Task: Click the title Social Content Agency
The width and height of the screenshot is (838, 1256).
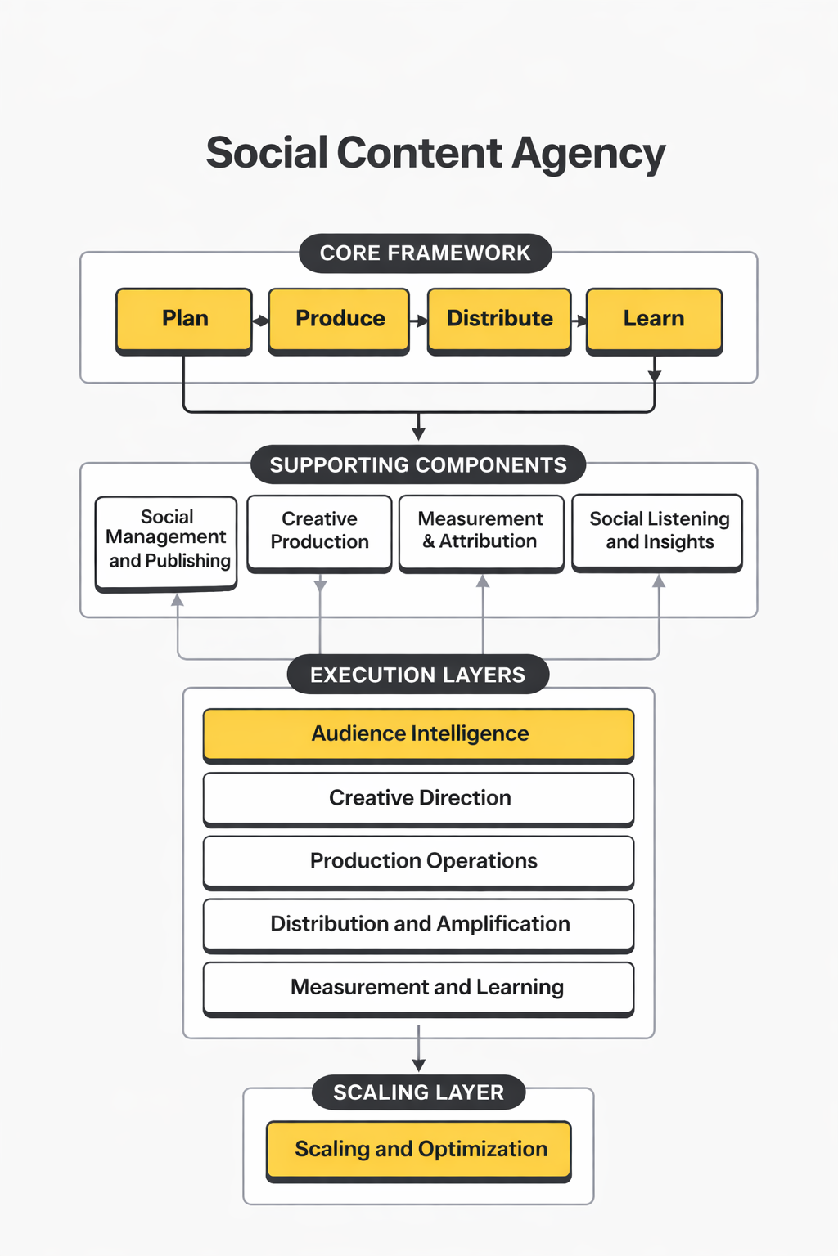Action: pos(435,154)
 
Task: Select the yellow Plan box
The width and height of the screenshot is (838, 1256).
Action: pos(184,319)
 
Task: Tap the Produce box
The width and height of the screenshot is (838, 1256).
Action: pos(340,319)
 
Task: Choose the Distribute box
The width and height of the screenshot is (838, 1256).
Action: pos(499,319)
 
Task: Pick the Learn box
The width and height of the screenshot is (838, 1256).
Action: pos(654,319)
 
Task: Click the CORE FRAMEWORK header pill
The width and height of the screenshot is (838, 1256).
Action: pos(425,253)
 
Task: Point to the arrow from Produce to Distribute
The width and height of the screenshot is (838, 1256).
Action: pos(418,321)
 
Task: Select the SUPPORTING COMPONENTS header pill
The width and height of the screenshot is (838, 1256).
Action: pos(418,465)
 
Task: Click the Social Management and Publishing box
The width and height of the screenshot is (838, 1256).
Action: pos(167,541)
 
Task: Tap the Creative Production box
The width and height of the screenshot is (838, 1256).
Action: pos(319,532)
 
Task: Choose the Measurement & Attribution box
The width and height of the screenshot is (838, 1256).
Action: pos(481,532)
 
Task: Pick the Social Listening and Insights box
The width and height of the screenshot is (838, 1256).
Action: pos(658,532)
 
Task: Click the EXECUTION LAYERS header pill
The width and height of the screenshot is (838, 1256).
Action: pos(418,675)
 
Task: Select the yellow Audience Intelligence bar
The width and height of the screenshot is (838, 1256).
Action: pos(418,733)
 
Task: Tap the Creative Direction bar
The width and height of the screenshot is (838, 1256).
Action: pos(418,797)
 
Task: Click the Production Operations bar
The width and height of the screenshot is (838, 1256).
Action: pos(418,861)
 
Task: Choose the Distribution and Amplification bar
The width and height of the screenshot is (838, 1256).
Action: pos(418,924)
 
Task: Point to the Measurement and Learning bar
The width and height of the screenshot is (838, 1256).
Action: pos(418,987)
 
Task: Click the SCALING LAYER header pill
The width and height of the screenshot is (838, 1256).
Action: pos(418,1092)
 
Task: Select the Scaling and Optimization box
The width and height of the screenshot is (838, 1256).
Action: pos(418,1149)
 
